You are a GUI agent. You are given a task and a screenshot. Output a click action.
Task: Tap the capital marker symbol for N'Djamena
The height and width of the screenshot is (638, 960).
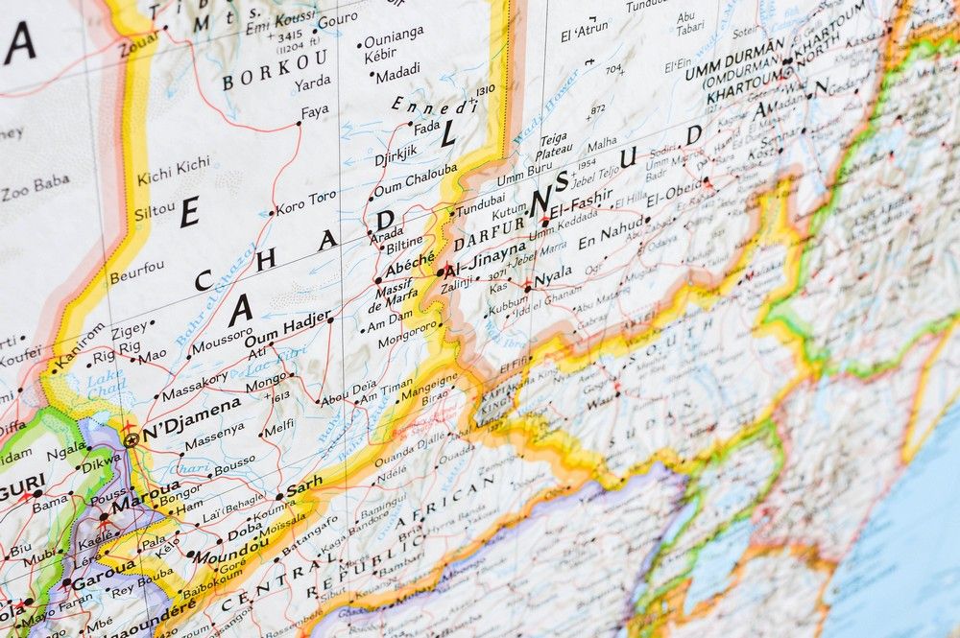click(131, 440)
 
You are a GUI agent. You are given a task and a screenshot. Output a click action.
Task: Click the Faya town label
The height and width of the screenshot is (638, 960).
click(315, 111)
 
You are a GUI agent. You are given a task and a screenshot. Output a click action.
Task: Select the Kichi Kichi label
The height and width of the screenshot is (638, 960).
click(173, 171)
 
